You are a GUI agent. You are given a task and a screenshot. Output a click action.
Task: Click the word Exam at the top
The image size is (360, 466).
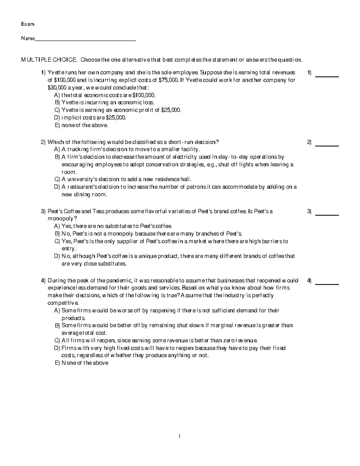click(x=28, y=24)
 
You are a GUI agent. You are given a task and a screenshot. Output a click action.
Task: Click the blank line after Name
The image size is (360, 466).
click(x=85, y=39)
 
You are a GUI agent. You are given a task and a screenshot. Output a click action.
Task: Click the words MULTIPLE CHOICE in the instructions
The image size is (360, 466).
click(x=49, y=60)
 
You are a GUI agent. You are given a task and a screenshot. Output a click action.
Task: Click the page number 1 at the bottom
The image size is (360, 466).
click(x=179, y=436)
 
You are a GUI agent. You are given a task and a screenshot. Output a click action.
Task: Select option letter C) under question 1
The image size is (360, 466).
click(x=57, y=110)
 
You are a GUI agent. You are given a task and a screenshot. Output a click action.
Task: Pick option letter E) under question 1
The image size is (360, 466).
click(x=57, y=125)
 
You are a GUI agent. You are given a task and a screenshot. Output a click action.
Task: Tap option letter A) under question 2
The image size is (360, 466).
click(x=57, y=149)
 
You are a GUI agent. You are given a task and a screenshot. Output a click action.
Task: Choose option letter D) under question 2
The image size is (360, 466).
click(x=57, y=187)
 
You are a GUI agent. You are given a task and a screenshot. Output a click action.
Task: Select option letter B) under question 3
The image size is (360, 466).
click(x=57, y=234)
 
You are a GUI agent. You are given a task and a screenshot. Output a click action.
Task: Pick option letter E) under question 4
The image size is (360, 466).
click(x=57, y=363)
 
